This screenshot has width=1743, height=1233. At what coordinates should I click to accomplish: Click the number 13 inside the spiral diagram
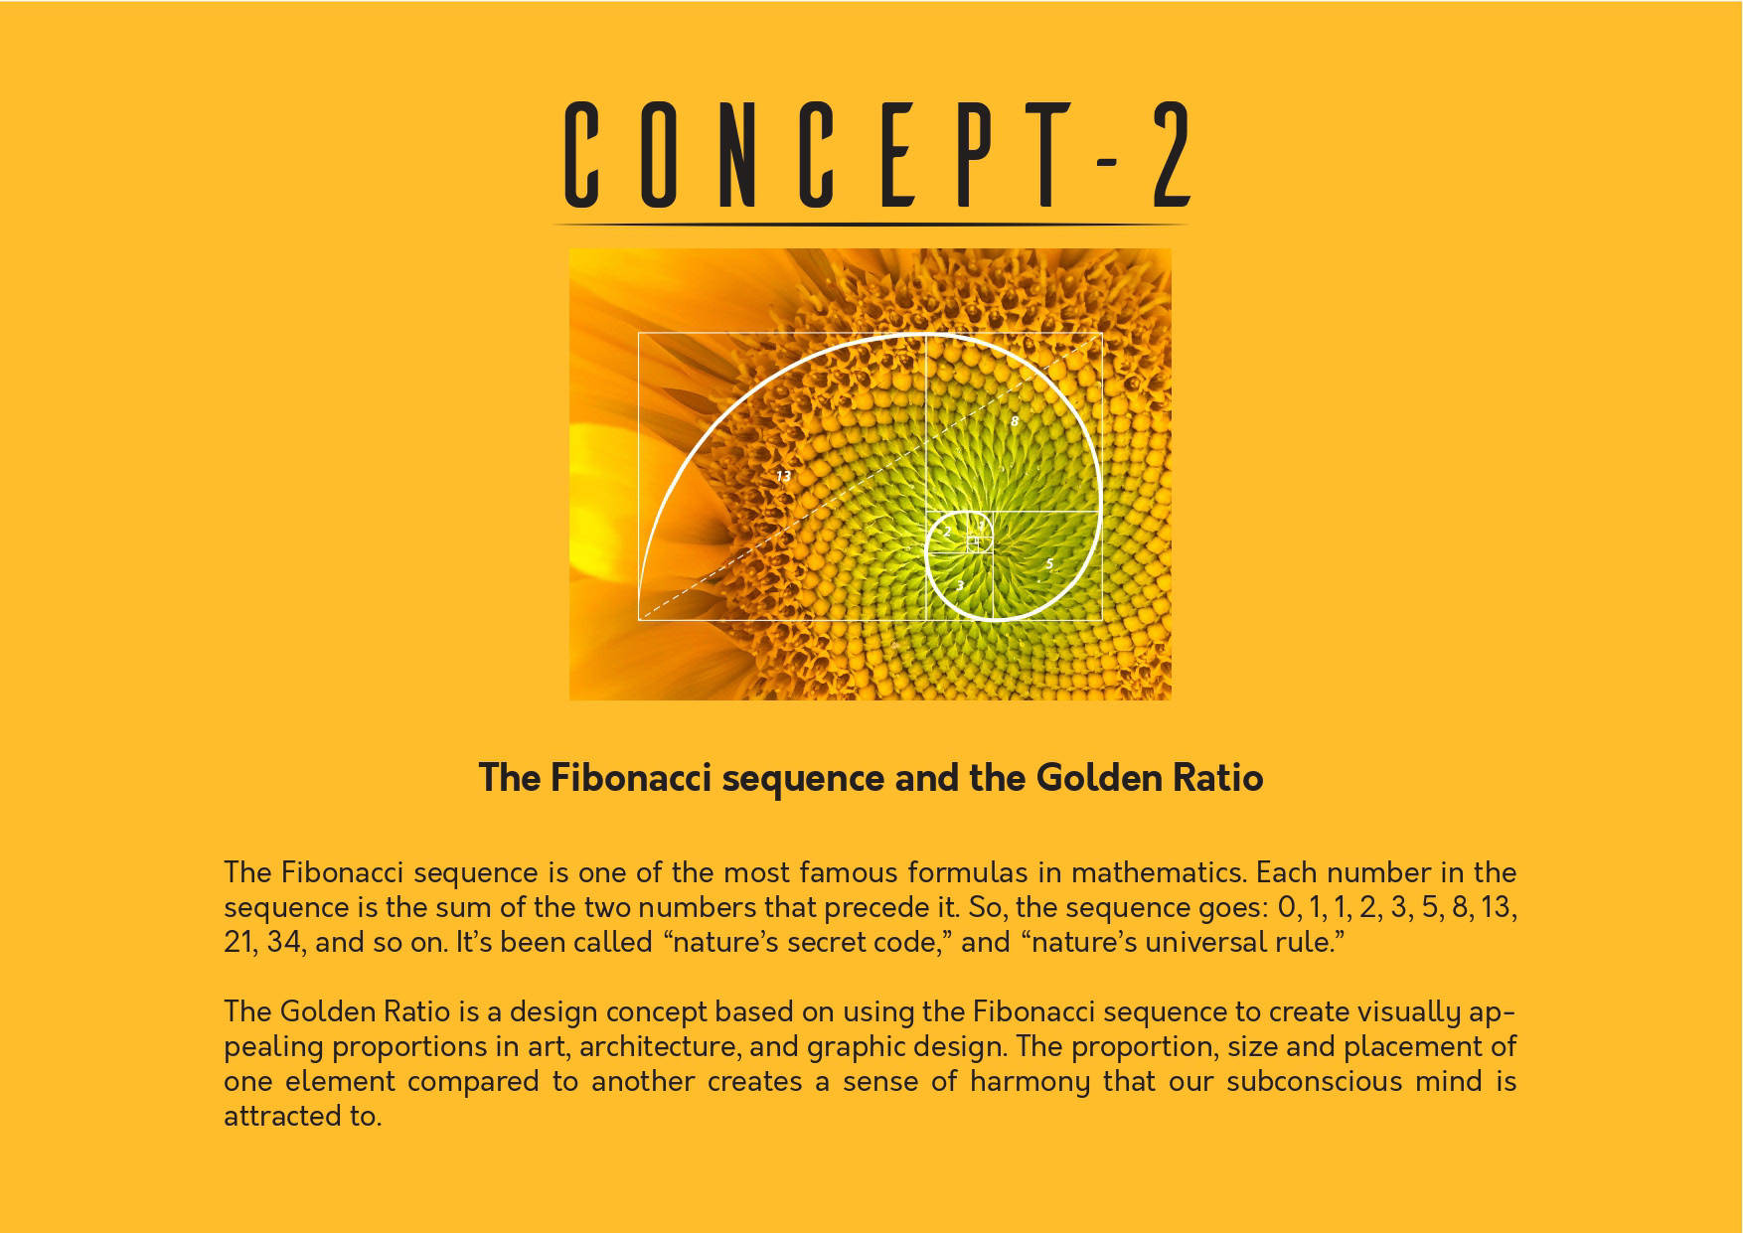coord(783,477)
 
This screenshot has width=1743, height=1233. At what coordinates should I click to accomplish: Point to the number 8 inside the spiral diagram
coord(1014,421)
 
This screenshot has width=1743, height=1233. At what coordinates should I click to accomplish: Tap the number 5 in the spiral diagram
coord(1049,564)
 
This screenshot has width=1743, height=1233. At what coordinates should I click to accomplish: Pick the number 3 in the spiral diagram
coord(959,585)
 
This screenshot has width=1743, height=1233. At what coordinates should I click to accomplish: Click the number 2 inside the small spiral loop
coord(947,533)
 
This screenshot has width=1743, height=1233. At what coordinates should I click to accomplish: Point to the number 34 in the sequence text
coord(284,942)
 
